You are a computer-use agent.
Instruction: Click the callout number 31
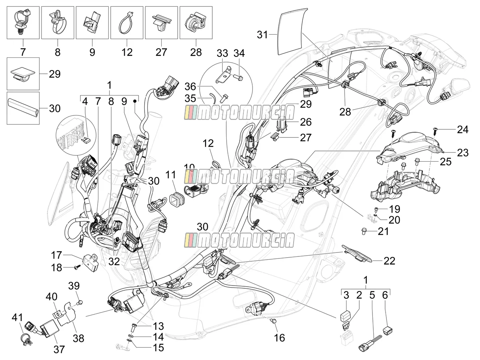click(x=262, y=35)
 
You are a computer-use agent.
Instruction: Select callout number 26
click(x=306, y=122)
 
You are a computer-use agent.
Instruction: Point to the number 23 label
click(x=463, y=153)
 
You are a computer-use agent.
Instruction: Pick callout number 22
click(x=390, y=261)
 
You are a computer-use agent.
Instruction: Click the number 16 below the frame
click(x=280, y=338)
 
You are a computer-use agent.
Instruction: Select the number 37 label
click(x=59, y=349)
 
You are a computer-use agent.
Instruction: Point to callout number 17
click(x=57, y=255)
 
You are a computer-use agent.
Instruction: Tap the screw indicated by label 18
click(x=77, y=267)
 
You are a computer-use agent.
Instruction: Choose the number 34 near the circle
click(x=239, y=53)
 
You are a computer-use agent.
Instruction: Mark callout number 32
click(x=114, y=261)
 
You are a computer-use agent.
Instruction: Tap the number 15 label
click(x=158, y=348)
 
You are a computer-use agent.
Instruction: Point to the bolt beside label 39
click(x=80, y=303)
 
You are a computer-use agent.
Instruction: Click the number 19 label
click(x=395, y=209)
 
